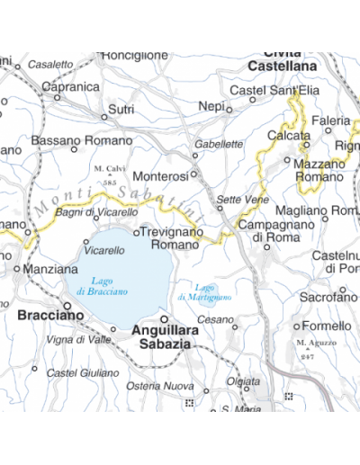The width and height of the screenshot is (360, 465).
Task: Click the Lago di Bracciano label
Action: pos(96,286)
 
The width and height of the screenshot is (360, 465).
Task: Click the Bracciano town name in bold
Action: pos(50,316)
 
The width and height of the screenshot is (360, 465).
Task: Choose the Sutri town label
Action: pos(121,109)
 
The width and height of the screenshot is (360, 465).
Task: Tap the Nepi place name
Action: pos(211,106)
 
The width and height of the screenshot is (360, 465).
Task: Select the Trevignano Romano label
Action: pos(175,237)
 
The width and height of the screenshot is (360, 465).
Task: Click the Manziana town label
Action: pos(51,268)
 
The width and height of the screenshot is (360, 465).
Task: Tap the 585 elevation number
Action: pos(110,183)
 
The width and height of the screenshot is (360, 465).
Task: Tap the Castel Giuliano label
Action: pos(82,372)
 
